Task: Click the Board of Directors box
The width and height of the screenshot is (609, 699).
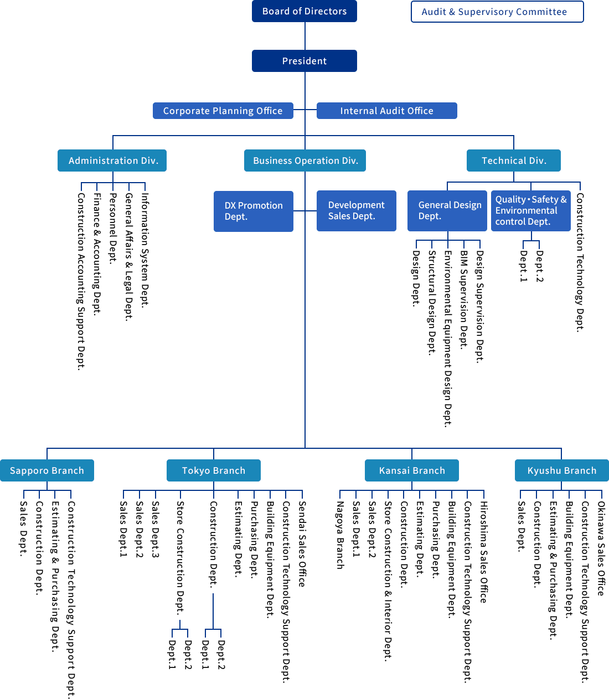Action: [304, 11]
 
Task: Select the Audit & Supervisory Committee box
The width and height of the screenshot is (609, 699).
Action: [497, 12]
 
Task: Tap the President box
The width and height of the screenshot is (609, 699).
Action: [304, 61]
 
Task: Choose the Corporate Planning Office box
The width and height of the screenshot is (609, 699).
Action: [223, 111]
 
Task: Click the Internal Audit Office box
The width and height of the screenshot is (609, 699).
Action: [386, 111]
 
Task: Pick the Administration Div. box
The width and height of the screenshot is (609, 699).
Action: [112, 160]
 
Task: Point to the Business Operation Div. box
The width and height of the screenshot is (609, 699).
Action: [305, 160]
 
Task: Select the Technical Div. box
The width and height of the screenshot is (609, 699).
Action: [514, 160]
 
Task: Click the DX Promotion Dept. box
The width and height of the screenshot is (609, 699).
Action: [253, 211]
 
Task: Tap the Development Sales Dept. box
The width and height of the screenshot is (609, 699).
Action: [356, 210]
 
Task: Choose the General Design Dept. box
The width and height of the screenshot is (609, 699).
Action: [447, 210]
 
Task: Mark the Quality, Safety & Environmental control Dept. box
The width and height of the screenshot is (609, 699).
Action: [530, 210]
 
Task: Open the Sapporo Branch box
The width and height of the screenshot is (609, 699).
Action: [47, 470]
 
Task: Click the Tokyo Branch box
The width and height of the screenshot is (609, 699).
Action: [214, 470]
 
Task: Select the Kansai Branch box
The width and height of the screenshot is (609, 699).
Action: [412, 470]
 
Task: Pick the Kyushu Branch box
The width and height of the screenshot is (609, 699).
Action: [561, 470]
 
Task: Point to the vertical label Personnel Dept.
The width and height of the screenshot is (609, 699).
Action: [113, 228]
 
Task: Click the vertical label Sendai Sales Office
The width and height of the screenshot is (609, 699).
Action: [302, 543]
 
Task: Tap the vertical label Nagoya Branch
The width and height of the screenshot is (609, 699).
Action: [340, 535]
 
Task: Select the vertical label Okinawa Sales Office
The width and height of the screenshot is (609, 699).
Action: [601, 548]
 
